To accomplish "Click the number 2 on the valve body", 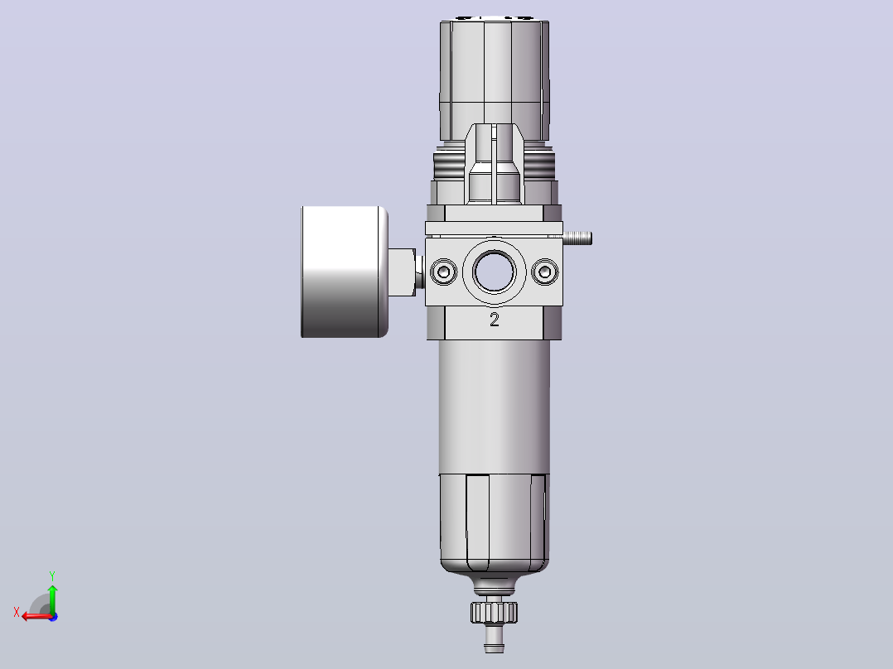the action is tap(495, 320).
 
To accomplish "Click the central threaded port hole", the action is tap(494, 272).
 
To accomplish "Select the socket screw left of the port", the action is tap(444, 272).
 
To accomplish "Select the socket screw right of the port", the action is tap(544, 272).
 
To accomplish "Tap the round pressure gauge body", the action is tap(345, 272).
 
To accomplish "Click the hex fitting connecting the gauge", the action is tap(403, 272).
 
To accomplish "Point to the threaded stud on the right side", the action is tap(577, 238).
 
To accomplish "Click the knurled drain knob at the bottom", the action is tap(494, 612).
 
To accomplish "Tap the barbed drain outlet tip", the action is tap(494, 641).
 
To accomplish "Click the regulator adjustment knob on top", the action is tap(495, 79).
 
